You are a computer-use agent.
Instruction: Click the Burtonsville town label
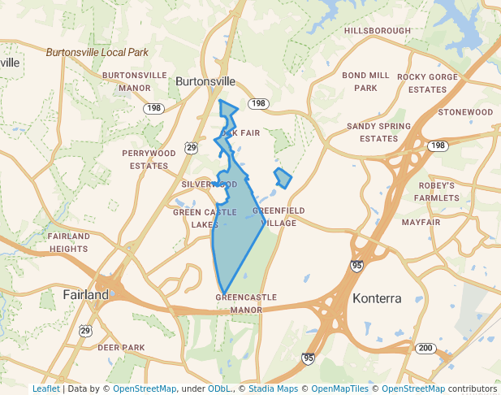point(205,82)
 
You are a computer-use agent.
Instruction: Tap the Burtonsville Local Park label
point(97,52)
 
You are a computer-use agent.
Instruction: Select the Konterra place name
point(377,298)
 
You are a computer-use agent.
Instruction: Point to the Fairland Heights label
point(68,242)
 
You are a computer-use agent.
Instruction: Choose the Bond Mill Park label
point(365,81)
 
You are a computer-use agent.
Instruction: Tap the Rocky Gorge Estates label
point(427,83)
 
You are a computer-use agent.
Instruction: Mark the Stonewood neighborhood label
point(465,112)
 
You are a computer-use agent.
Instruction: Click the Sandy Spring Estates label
point(378,132)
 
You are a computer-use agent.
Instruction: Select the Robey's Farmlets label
point(436,191)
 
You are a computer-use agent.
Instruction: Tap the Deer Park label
point(121,348)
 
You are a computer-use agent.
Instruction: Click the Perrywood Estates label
point(149,158)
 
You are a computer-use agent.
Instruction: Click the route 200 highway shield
point(425,348)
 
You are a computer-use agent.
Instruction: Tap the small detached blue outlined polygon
point(283,178)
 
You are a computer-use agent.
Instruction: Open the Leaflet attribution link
point(45,388)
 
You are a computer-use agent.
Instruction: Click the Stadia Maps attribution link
point(272,388)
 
